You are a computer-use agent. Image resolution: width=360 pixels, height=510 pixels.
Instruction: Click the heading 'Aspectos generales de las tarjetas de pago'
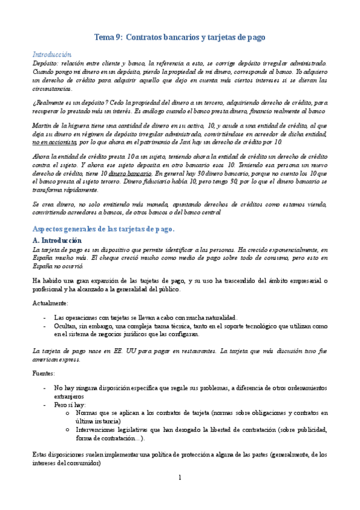(x=103, y=229)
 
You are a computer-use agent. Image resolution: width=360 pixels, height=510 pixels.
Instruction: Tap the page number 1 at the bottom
(x=180, y=478)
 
